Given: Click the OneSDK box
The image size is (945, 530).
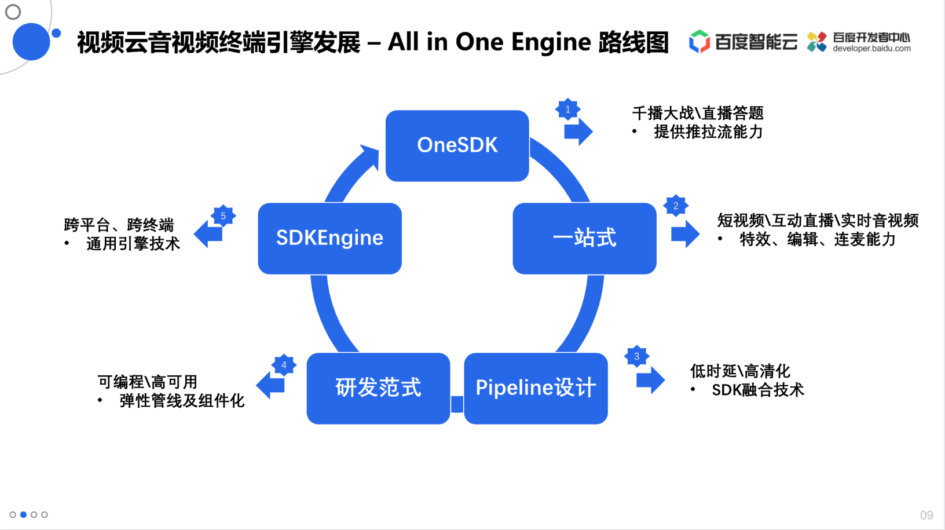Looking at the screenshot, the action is (x=457, y=146).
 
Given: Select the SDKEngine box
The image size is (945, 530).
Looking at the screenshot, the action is (x=330, y=239).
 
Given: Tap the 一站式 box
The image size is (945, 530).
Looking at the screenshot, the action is (x=585, y=239).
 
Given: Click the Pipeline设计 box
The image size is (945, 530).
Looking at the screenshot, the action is (x=536, y=389).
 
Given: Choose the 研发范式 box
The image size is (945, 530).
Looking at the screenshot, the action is (x=379, y=389).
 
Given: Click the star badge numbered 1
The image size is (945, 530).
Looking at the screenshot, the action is (x=568, y=109).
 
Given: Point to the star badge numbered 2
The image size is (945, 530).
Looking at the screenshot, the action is (x=676, y=206).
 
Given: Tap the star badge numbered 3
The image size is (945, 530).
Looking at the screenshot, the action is (x=636, y=356).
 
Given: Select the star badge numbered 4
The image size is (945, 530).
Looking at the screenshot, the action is (x=284, y=365).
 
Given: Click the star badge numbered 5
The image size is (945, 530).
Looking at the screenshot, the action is (x=223, y=216).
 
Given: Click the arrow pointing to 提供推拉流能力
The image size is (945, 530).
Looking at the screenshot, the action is (x=578, y=131).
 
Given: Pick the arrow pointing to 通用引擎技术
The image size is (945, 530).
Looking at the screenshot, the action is (x=208, y=234).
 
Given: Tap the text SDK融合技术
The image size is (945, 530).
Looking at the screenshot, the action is (x=758, y=390).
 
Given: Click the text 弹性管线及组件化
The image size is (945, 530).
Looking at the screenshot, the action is (x=182, y=401).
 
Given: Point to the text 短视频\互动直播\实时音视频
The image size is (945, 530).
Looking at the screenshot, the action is (x=818, y=221).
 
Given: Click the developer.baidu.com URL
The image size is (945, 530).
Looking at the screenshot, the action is (x=871, y=49).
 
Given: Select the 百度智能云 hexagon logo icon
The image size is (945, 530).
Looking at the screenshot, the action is (x=699, y=41).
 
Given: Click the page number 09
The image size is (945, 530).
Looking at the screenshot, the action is (x=926, y=516).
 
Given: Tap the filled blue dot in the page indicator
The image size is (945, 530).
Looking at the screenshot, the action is (x=24, y=514).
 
